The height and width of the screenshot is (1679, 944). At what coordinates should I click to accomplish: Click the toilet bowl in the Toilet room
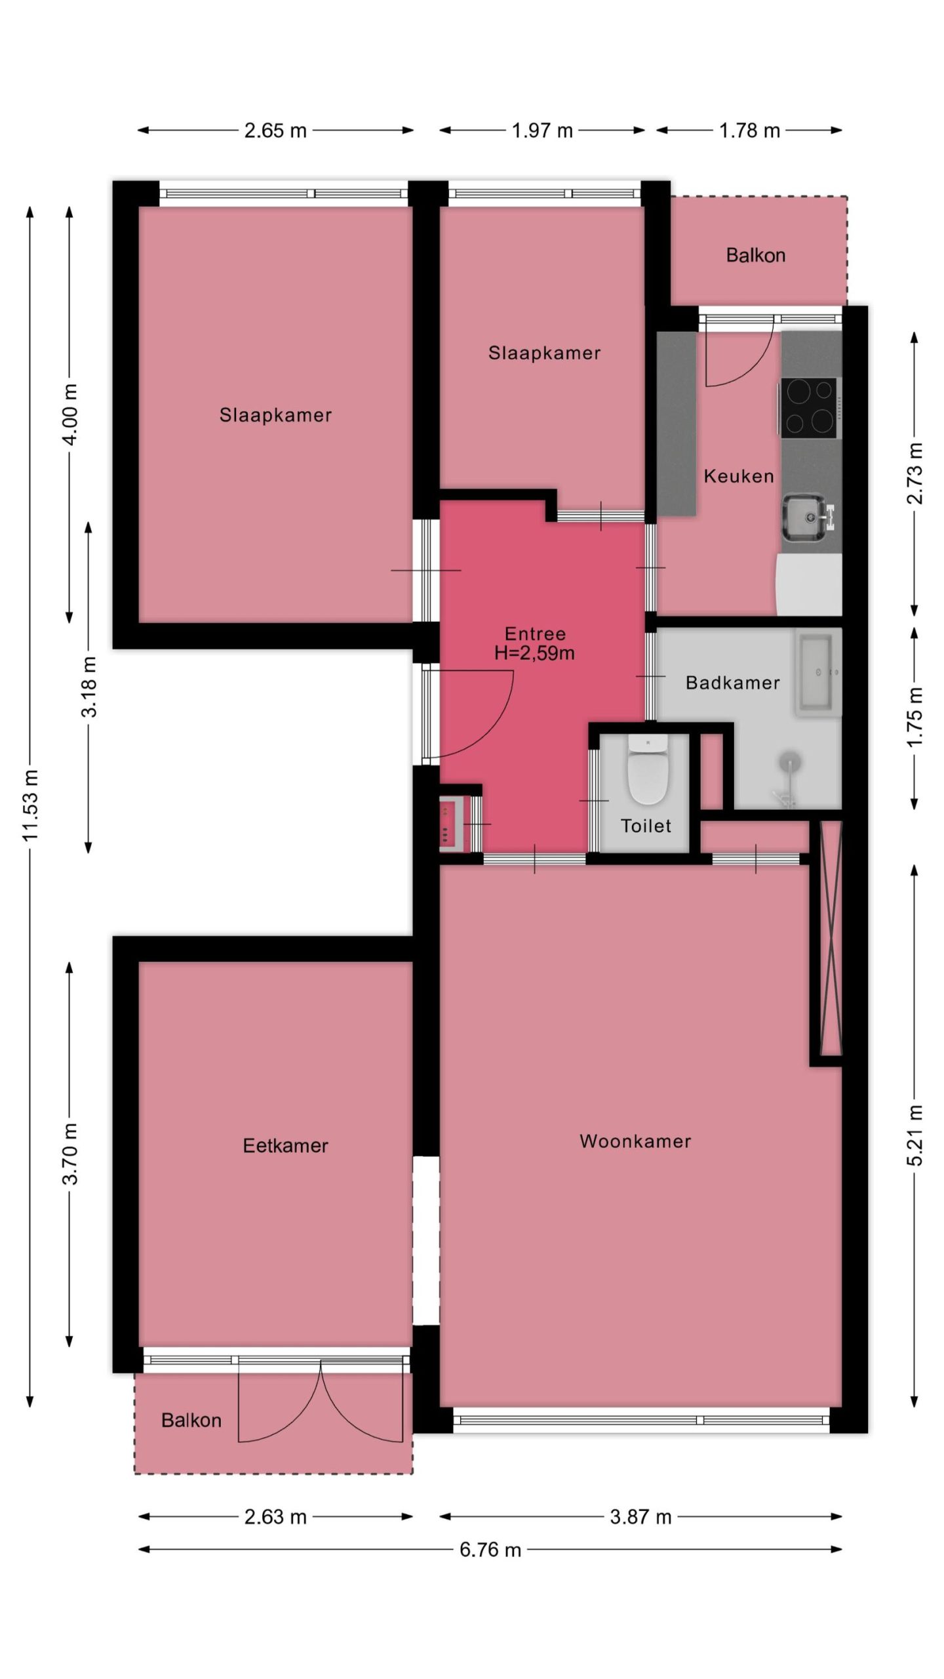pos(647,770)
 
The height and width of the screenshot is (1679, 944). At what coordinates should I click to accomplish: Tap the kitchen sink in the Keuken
pos(803,517)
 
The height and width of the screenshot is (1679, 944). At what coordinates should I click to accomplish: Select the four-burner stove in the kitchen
pos(809,408)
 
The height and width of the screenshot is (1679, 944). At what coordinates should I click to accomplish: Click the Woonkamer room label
pos(635,1141)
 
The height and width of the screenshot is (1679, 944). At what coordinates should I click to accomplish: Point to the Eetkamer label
pos(285,1146)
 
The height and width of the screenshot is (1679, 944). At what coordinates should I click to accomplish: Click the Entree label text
pos(535,634)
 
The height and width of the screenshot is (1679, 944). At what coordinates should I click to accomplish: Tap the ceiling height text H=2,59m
pos(535,653)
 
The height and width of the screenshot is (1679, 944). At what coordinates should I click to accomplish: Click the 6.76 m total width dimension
pos(490,1550)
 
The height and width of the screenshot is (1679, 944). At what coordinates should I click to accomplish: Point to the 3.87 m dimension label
pos(640,1517)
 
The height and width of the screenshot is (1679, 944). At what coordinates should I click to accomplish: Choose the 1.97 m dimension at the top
pos(542,131)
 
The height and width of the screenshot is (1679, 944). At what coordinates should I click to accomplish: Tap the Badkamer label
pos(733,683)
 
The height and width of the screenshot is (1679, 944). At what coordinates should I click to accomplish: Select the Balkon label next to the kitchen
pos(756,255)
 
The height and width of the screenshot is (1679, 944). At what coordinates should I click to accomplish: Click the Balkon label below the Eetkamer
pos(191,1421)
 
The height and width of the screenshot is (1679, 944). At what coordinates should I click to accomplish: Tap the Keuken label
pos(739,476)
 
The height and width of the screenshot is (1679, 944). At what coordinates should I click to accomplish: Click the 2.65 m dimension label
pos(275,131)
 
